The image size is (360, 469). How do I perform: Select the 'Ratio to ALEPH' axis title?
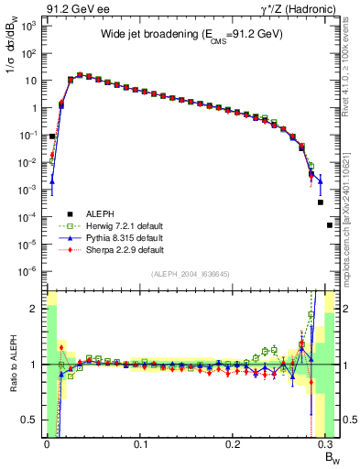13,365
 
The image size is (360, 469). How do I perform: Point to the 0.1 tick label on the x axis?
140,444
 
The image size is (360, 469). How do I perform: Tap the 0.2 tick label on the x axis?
234,444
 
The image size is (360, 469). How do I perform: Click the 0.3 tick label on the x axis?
327,444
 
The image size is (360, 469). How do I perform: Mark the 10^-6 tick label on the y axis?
27,271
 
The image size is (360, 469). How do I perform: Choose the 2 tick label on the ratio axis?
35,309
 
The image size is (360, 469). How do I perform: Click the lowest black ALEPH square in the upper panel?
330,224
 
